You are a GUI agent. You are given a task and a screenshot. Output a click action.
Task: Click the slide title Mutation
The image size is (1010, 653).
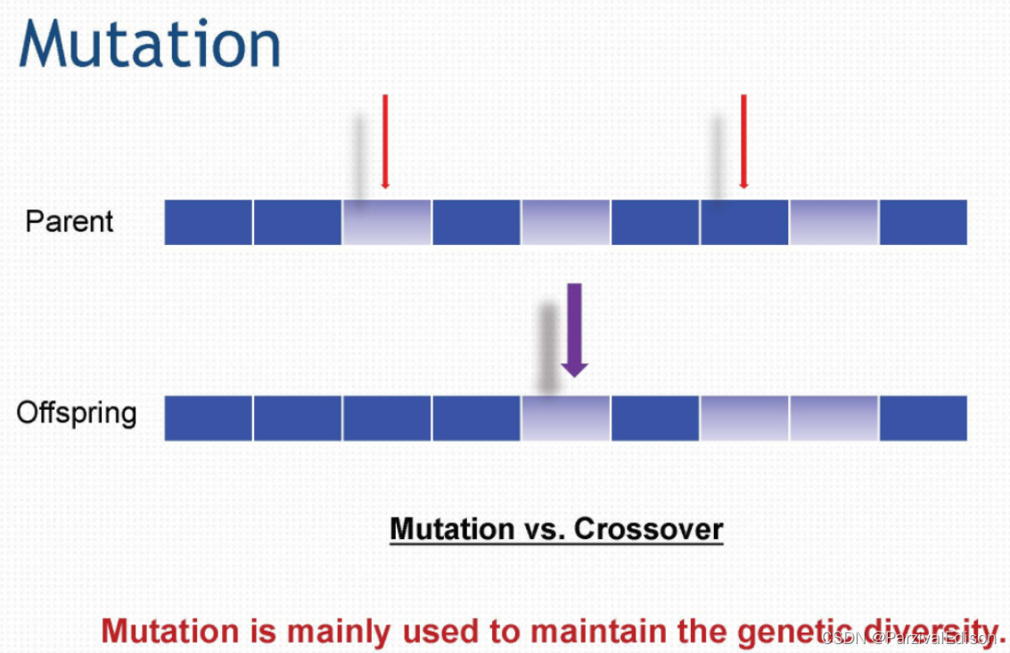click(150, 44)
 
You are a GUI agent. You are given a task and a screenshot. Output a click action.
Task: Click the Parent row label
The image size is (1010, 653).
click(70, 222)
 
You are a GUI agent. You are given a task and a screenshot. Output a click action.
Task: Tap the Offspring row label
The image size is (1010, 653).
click(77, 413)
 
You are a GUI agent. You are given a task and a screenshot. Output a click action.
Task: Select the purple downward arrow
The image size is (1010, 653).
click(574, 330)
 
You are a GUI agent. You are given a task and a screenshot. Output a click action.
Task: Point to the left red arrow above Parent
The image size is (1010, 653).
click(385, 142)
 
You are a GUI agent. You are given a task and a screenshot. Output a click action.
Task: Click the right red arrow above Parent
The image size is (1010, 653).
click(743, 142)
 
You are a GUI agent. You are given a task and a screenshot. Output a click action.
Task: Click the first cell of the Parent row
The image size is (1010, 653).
click(208, 222)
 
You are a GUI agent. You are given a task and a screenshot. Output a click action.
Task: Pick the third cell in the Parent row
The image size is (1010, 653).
click(387, 222)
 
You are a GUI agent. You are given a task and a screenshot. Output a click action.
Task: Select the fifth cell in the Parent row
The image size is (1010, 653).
click(565, 222)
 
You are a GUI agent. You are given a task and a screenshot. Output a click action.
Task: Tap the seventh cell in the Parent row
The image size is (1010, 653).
click(744, 222)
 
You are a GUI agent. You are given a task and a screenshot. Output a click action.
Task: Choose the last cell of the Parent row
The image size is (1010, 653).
click(924, 222)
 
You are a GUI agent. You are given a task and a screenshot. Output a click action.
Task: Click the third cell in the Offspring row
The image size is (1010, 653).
click(387, 419)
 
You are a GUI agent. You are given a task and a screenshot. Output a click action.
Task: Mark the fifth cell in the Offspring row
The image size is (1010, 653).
click(565, 419)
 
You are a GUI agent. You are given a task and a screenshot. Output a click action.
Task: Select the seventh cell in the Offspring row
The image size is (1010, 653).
click(744, 419)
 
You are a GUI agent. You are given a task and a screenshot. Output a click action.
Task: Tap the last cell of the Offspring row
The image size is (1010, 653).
click(924, 419)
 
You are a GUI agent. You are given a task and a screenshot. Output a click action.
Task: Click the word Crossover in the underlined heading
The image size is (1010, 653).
click(649, 529)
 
